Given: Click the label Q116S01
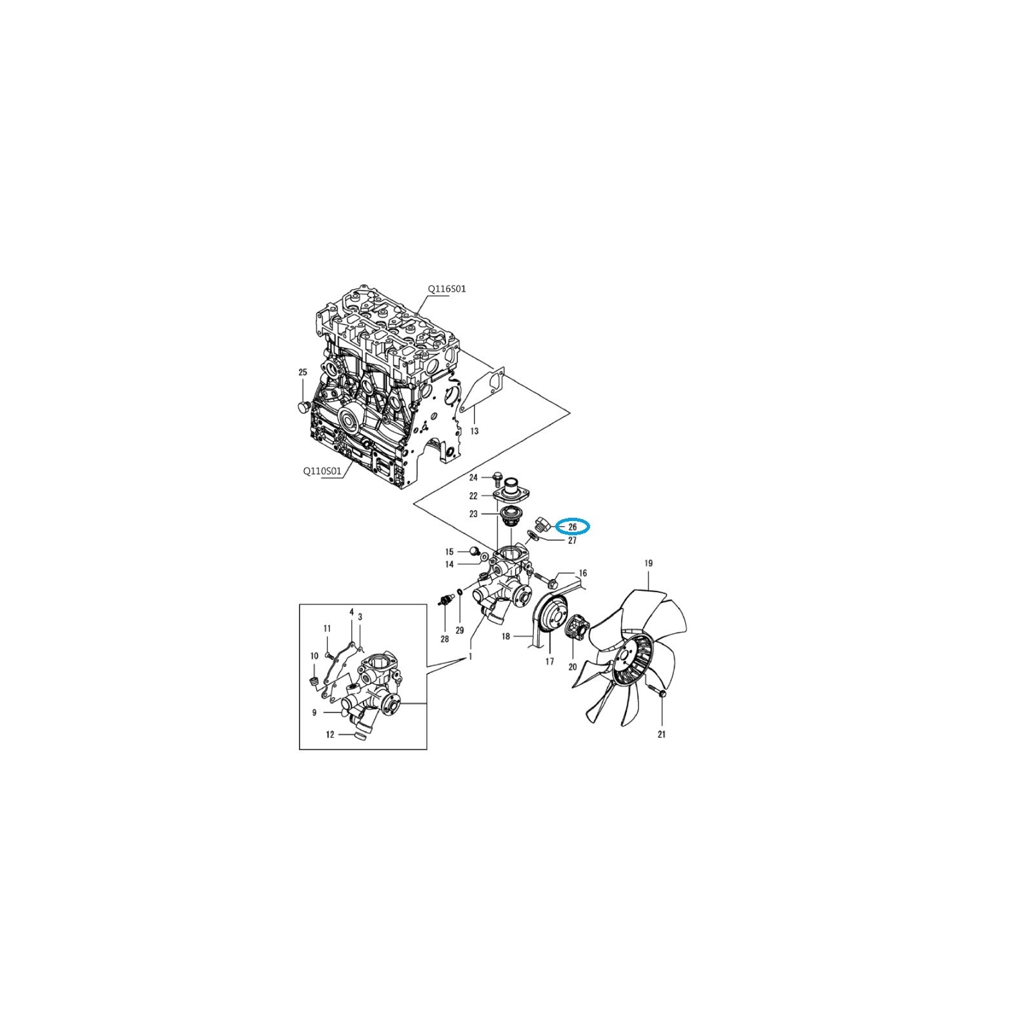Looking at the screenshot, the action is [x=447, y=289].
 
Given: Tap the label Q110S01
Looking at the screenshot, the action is [x=322, y=471].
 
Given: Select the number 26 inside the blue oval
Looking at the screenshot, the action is [x=573, y=527].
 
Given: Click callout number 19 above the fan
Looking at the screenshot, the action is [x=648, y=564].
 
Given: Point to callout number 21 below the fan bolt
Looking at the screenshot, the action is [x=661, y=734].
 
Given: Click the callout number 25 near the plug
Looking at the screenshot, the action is [x=303, y=373].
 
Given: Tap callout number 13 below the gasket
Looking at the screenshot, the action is [x=474, y=431].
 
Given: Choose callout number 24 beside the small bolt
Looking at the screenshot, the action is [x=473, y=478].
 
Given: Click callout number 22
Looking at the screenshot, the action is [x=473, y=496].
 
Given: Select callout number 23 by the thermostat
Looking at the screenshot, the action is [x=473, y=515].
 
